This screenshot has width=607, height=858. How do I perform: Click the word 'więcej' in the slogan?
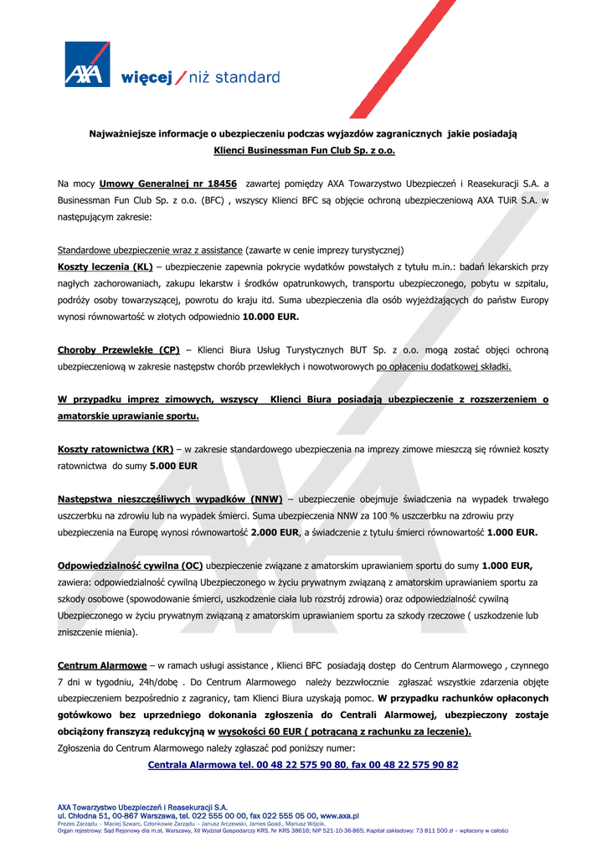point(147,78)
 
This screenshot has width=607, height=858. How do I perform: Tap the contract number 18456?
point(219,183)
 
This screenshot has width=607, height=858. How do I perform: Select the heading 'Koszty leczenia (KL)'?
point(105,267)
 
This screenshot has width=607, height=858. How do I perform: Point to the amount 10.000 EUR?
point(270,318)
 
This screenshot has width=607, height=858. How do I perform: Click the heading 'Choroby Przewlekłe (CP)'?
point(118,350)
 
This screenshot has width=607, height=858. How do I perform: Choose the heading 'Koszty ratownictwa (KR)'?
point(115,449)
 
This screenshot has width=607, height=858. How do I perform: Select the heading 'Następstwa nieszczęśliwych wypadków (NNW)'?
point(170,499)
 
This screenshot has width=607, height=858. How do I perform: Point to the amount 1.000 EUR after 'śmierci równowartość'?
point(512,532)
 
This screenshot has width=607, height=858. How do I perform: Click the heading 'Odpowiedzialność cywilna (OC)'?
point(130,565)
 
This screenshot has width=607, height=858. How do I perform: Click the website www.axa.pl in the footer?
point(339,815)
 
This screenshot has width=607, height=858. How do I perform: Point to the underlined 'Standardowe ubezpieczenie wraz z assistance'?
point(150,251)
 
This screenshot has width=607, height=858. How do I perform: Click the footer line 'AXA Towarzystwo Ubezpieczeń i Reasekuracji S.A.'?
point(142,808)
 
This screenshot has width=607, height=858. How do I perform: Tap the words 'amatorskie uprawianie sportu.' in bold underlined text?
point(128,416)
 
